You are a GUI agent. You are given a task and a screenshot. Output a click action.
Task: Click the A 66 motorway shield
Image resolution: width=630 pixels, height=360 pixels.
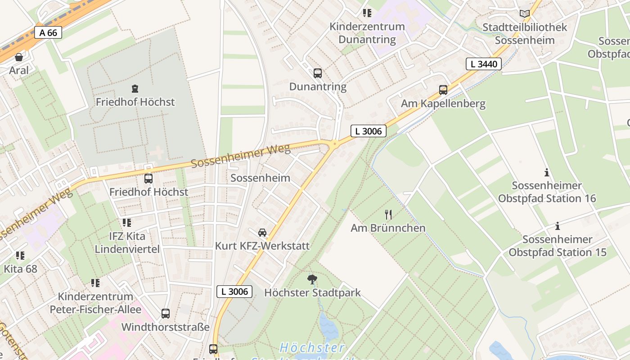click(x=48, y=32)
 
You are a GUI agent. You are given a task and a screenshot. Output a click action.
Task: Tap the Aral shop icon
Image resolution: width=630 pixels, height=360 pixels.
click(x=19, y=57)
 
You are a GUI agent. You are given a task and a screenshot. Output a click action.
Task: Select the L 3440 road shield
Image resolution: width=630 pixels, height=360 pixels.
click(x=484, y=64)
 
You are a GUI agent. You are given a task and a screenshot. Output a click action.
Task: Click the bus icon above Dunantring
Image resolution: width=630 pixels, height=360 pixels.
click(x=318, y=73)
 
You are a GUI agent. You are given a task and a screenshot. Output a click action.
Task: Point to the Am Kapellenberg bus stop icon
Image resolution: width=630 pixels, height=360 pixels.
click(x=443, y=90)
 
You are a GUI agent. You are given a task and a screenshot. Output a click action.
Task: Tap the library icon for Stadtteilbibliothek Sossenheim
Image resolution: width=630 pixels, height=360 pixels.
click(x=525, y=13)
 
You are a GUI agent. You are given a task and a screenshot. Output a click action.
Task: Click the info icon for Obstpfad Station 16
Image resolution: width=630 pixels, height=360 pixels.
click(x=547, y=172)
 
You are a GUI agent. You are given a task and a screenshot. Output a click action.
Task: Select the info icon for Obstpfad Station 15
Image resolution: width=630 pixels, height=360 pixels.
click(x=558, y=226)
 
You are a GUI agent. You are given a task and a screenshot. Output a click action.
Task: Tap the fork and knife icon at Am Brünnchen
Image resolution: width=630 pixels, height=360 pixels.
click(x=388, y=215)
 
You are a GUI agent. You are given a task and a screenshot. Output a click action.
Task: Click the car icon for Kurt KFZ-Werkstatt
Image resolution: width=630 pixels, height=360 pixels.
click(x=262, y=233)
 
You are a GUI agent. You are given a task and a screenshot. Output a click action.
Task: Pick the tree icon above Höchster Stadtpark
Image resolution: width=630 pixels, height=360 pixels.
click(x=312, y=279)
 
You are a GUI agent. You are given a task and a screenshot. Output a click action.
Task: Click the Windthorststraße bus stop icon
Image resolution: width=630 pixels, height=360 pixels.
click(x=166, y=314)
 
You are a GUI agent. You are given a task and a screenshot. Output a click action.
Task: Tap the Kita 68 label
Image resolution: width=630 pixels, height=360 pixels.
click(x=20, y=269)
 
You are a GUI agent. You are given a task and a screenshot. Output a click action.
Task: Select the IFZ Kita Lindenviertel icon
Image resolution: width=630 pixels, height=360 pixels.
click(x=127, y=223)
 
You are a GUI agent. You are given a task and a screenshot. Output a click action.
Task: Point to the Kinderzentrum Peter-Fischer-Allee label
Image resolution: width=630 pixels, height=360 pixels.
click(x=95, y=303)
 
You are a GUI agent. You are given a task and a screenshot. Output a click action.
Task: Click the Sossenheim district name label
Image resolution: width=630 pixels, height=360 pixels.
click(x=260, y=178)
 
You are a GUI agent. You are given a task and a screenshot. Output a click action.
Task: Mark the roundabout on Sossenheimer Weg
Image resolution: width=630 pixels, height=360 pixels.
click(x=334, y=144)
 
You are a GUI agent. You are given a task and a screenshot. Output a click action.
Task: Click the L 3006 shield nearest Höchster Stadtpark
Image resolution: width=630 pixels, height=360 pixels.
click(x=234, y=291)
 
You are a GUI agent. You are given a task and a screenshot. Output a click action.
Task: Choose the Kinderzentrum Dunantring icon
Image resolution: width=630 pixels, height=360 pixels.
click(x=367, y=13)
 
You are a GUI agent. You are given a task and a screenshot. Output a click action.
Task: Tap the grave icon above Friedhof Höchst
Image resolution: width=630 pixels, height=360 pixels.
click(x=135, y=89)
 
